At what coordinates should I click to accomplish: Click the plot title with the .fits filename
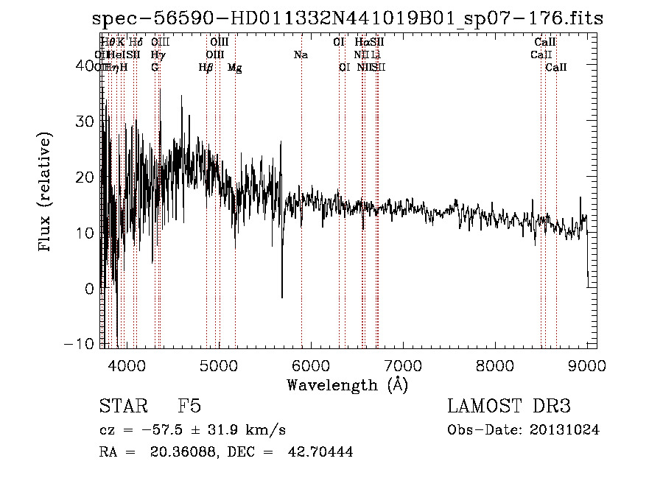[x=347, y=18]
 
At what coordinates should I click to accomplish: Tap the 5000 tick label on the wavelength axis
[x=218, y=365]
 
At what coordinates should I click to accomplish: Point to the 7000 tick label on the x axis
[x=402, y=365]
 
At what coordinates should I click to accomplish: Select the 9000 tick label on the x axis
[x=586, y=365]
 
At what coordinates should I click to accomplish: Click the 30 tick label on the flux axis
[x=86, y=122]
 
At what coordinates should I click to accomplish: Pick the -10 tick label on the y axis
[x=82, y=345]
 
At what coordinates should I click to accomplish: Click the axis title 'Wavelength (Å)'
[x=347, y=384]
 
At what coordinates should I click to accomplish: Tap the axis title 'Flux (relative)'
[x=46, y=193]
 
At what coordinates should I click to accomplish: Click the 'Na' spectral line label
[x=301, y=55]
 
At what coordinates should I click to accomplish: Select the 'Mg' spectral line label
[x=234, y=68]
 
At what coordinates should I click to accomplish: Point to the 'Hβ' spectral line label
[x=206, y=68]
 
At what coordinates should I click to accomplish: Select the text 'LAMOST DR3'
[x=509, y=407]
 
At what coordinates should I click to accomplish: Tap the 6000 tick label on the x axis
[x=310, y=365]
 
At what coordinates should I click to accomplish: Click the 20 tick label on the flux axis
[x=86, y=178]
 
